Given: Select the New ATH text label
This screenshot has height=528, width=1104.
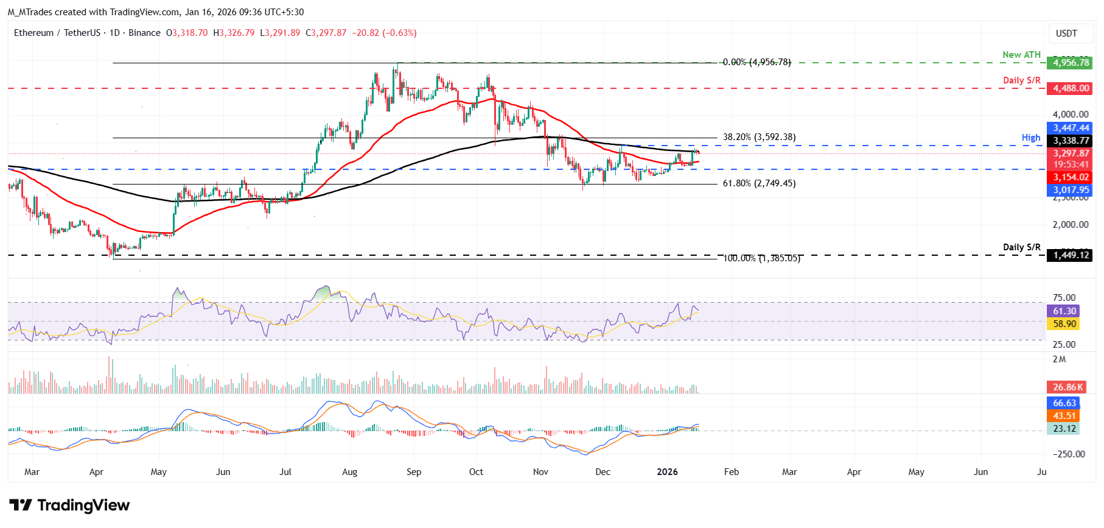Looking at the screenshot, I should click(1021, 55).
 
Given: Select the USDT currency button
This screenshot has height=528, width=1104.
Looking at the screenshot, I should click(1066, 33).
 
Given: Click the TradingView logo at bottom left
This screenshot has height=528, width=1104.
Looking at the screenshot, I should click(69, 505).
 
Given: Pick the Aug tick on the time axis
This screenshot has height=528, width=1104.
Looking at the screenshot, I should click(349, 472).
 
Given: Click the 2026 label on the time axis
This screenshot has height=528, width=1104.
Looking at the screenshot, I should click(667, 472).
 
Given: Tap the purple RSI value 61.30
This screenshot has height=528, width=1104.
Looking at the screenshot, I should click(1064, 311).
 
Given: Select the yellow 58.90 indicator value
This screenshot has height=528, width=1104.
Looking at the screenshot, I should click(1064, 324).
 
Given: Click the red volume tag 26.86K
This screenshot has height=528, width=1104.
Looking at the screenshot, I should click(1068, 387).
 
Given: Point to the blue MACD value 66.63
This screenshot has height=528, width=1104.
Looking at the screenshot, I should click(1064, 403).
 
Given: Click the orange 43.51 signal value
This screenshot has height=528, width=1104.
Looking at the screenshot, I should click(1064, 416).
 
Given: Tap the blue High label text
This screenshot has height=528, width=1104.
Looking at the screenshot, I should click(1031, 138).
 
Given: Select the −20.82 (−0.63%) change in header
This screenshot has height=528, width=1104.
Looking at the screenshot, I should click(384, 33).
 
